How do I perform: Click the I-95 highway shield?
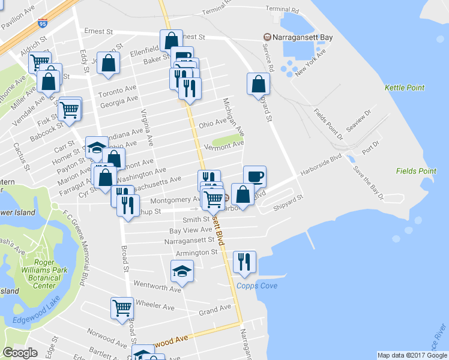[x=42, y=23]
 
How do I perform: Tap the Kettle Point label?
[x=404, y=88]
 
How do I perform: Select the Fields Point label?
[x=416, y=171]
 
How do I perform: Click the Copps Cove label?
[x=256, y=286]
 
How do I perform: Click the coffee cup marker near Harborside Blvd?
[x=255, y=176]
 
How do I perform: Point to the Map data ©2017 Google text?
[x=412, y=355]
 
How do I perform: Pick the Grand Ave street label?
[x=215, y=310]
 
